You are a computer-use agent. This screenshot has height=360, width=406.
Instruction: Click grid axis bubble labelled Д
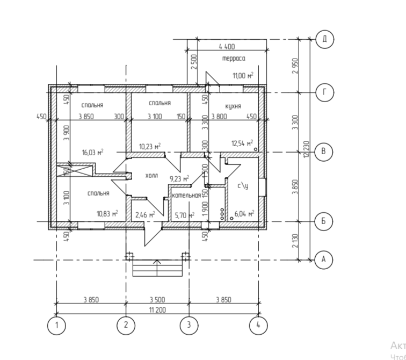(325, 39)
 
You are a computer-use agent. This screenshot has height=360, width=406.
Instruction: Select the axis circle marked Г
(325, 92)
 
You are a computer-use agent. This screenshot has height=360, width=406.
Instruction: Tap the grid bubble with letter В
(323, 152)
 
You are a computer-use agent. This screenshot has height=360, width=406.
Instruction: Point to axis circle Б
(323, 221)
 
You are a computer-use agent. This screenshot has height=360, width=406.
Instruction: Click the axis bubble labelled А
(323, 260)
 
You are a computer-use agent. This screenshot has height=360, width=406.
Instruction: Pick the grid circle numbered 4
(258, 326)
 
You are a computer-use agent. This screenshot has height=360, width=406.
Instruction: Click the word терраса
(233, 58)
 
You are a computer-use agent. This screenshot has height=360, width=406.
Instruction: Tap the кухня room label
(233, 106)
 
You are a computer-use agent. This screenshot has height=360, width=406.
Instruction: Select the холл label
(152, 176)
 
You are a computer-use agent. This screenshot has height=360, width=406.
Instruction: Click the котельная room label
(186, 196)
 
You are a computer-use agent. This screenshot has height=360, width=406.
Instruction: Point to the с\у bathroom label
(243, 186)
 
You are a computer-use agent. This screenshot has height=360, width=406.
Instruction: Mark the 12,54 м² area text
(242, 143)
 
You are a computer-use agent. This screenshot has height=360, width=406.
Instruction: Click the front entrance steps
(157, 267)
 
